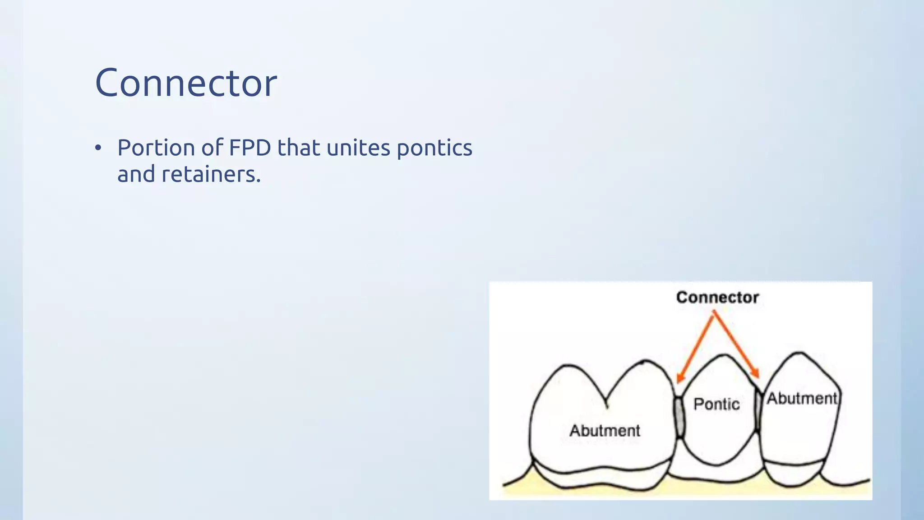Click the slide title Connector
(x=186, y=83)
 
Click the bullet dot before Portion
(x=98, y=148)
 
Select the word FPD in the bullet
(x=250, y=148)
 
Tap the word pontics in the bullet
(x=434, y=149)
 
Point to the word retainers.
(x=211, y=174)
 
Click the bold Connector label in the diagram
(x=717, y=297)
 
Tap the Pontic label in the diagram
(x=716, y=404)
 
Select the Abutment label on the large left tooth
(x=605, y=431)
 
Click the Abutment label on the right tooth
(x=802, y=399)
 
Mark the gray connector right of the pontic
(x=758, y=412)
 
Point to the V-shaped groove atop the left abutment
(x=606, y=402)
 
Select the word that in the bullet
(x=298, y=148)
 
